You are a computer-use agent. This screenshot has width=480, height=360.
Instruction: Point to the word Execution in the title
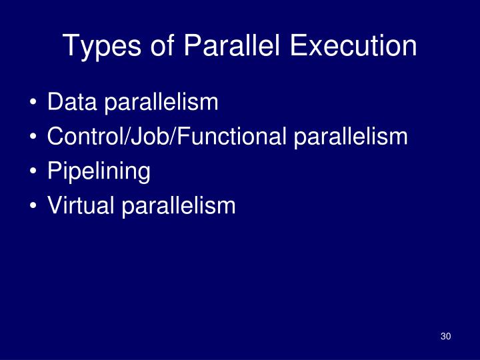[353, 47]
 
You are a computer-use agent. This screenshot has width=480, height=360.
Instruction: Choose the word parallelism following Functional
[350, 137]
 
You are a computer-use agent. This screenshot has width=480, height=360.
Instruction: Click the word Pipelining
[99, 172]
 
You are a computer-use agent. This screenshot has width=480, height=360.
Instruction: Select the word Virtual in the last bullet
[81, 206]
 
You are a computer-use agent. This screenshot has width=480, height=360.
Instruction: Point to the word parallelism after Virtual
[178, 206]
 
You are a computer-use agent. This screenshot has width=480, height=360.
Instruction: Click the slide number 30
[446, 336]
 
